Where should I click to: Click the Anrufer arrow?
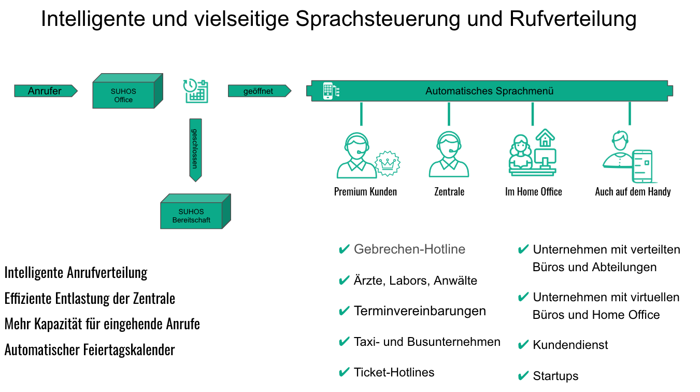[x=45, y=91]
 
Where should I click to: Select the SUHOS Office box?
[x=124, y=95]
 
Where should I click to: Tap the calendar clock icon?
[x=196, y=91]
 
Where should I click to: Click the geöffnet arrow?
[x=259, y=91]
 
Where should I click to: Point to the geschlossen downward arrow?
[x=195, y=149]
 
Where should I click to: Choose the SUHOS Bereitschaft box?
[x=192, y=215]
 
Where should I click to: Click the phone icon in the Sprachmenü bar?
[x=328, y=91]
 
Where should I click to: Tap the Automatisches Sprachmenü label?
[x=489, y=91]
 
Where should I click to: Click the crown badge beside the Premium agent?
[x=388, y=163]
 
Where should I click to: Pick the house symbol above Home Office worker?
[x=545, y=137]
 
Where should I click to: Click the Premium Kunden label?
[x=365, y=192]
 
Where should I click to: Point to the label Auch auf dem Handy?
[x=633, y=192]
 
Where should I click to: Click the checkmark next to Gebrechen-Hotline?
[x=344, y=250]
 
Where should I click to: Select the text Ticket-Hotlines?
[x=394, y=372]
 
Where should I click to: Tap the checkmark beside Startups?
[x=523, y=376]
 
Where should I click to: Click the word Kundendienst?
[x=570, y=345]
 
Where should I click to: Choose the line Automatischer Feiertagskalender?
[x=90, y=350]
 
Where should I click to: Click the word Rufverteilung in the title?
[x=573, y=19]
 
